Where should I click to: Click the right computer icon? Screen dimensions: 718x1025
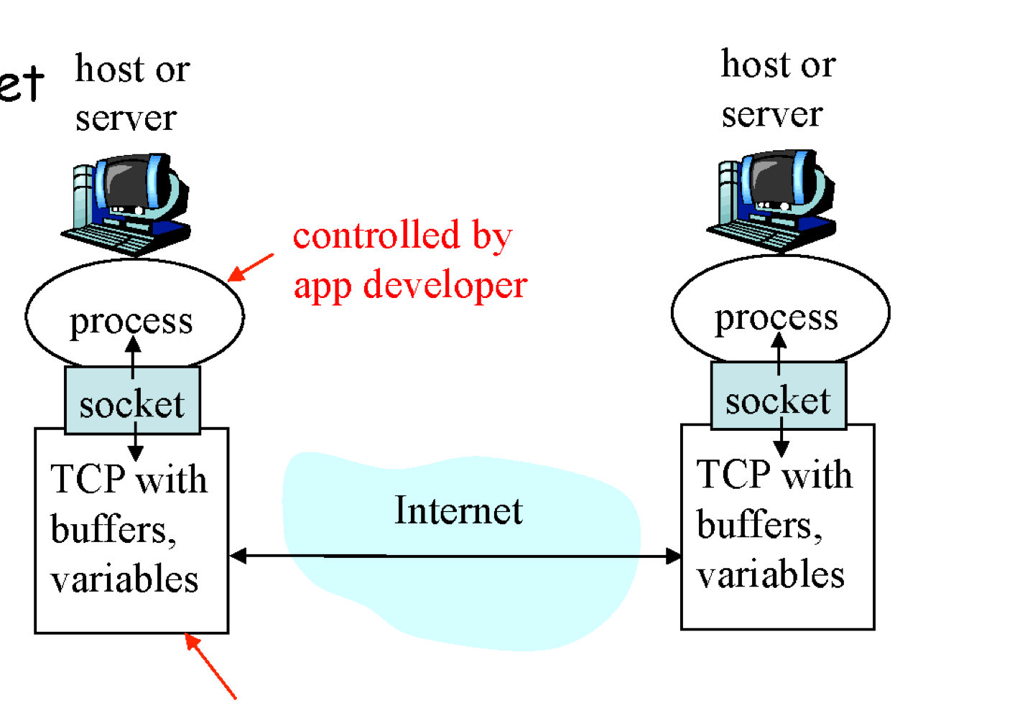(774, 200)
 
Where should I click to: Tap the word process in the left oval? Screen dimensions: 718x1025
(131, 321)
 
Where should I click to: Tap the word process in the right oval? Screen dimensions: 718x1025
(776, 317)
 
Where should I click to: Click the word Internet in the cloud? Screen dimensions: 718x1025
(458, 510)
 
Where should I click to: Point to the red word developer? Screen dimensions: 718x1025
(445, 285)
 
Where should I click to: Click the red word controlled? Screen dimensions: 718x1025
(376, 235)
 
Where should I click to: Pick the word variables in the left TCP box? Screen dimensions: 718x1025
(124, 579)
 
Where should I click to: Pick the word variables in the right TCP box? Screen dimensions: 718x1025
(770, 574)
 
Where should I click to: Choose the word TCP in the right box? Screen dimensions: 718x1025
(733, 475)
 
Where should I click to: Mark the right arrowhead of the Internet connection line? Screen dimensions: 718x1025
(672, 556)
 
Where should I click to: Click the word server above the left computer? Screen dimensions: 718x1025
(126, 118)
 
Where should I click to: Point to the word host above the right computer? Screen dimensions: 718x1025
(755, 65)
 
